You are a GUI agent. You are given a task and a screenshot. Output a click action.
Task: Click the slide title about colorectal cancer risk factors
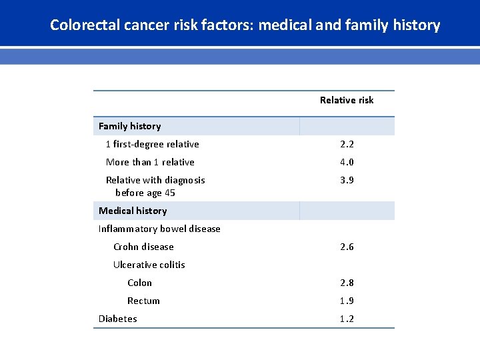(245, 25)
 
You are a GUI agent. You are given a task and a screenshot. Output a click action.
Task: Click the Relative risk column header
(347, 100)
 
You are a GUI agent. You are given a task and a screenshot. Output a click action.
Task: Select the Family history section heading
(129, 126)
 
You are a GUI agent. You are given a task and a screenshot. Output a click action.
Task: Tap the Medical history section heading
(133, 211)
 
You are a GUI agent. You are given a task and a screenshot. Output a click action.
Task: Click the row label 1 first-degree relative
(152, 144)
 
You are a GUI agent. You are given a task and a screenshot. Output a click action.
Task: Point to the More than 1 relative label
(150, 162)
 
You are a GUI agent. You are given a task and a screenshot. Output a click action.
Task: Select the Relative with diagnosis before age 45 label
(155, 186)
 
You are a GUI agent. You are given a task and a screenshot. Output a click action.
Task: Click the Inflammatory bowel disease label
(159, 229)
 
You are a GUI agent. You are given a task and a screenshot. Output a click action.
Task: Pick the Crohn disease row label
(143, 247)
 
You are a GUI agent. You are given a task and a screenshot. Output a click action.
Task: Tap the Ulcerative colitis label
(149, 265)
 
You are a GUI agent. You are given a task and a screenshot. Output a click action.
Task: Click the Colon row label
(139, 283)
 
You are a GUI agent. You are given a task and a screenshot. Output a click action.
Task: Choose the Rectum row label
(143, 301)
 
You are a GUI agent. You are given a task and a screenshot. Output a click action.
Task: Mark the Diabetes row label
(117, 319)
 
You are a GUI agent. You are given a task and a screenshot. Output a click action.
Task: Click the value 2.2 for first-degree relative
(347, 144)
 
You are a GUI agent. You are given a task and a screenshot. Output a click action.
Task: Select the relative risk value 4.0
(347, 162)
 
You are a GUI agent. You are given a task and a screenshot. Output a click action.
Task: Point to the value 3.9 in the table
(347, 180)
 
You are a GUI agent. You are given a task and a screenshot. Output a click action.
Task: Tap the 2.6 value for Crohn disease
(347, 247)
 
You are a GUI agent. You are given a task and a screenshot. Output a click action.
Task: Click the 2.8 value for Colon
(347, 283)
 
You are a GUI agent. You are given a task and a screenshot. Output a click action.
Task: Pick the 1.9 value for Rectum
(347, 301)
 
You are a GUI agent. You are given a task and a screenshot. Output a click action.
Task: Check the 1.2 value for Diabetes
(347, 319)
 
